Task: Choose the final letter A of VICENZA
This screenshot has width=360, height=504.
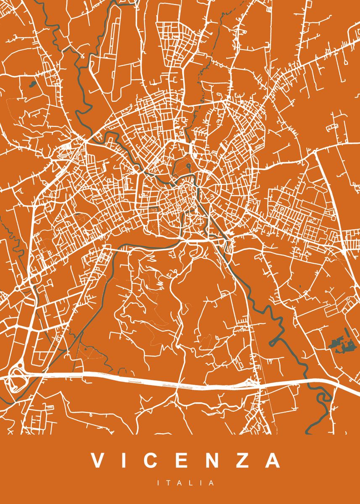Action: coord(273,461)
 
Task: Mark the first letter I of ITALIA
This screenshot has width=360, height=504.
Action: coord(159,483)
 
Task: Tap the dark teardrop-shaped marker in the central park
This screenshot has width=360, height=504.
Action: coord(188,167)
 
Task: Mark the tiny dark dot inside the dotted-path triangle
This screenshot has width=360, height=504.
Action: coord(85,348)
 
